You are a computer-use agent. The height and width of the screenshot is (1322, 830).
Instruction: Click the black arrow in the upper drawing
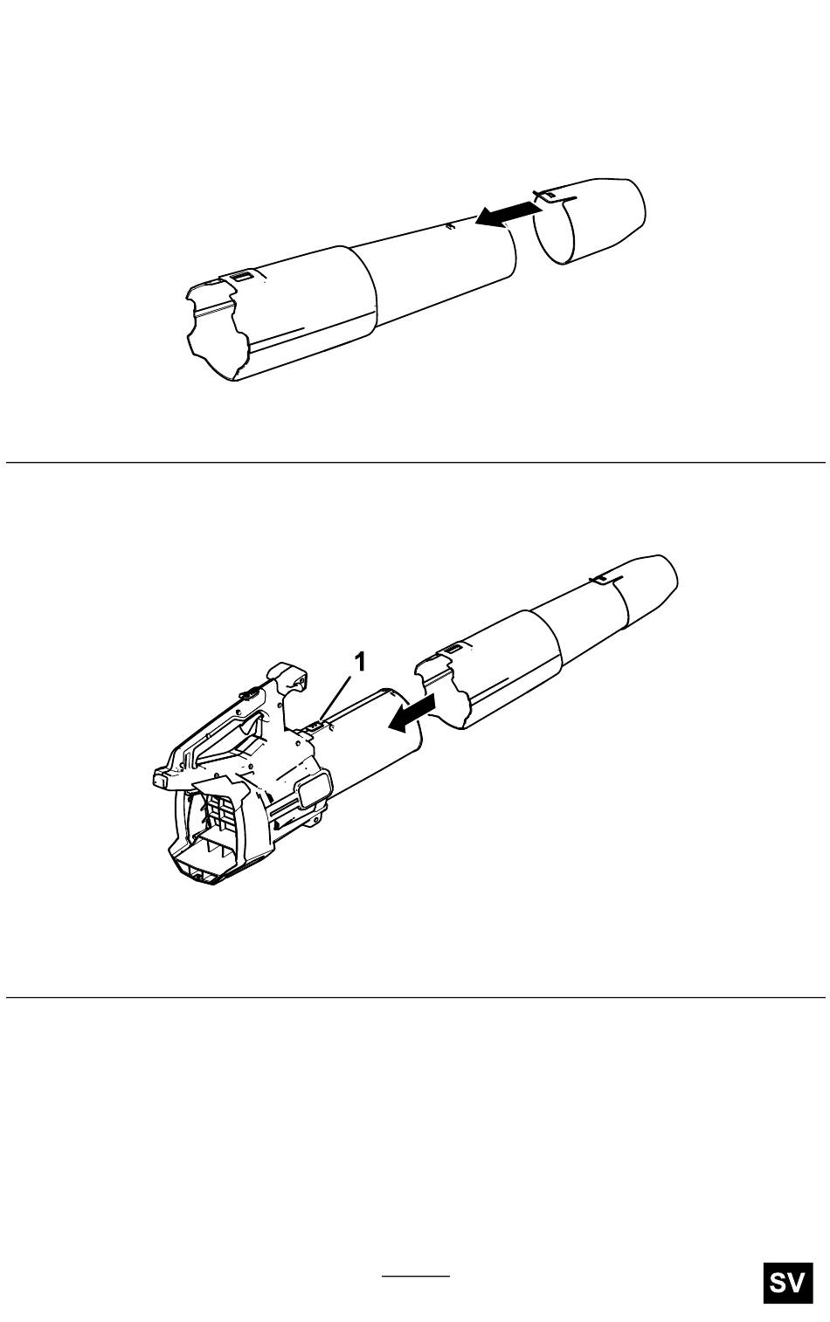point(508,212)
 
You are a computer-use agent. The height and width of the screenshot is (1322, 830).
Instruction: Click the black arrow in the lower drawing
point(412,713)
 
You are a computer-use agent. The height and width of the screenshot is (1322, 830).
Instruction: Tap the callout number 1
point(359,662)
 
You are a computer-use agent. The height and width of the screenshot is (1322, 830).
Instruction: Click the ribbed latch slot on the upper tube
point(239,276)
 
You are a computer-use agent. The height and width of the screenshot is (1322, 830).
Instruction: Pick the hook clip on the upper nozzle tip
point(547,196)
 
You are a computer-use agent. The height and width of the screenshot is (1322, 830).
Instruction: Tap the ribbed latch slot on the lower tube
point(453,649)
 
